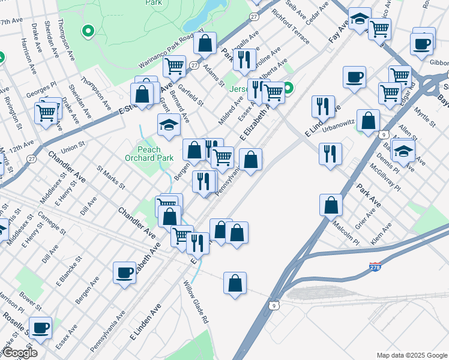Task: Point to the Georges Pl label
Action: pyautogui.click(x=41, y=91)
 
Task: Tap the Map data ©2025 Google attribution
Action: pyautogui.click(x=411, y=355)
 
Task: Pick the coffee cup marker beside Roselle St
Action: pyautogui.click(x=41, y=328)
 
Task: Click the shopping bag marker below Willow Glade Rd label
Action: pyautogui.click(x=235, y=283)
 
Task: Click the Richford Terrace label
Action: pyautogui.click(x=290, y=26)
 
